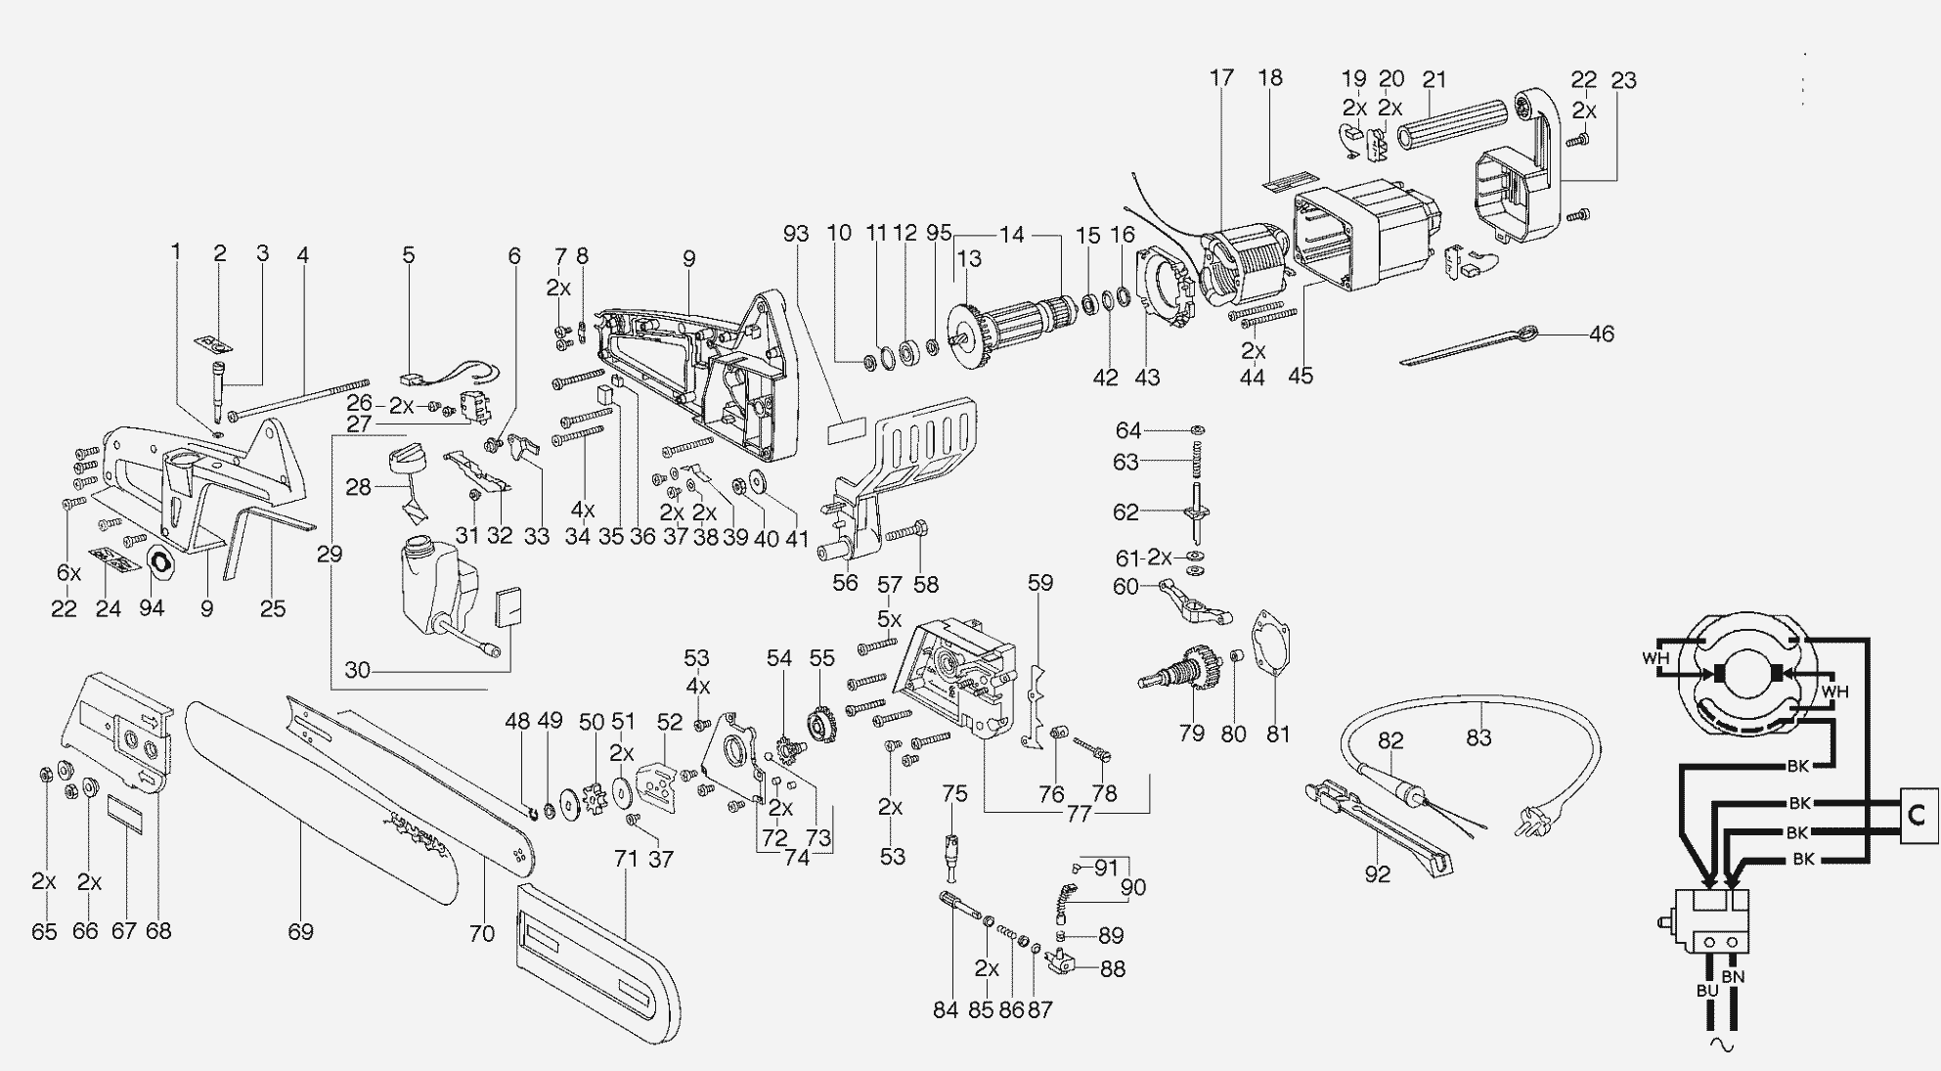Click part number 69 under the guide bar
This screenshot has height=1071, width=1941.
(300, 931)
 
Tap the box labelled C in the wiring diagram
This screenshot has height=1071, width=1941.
(1918, 815)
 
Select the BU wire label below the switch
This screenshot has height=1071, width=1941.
(1706, 990)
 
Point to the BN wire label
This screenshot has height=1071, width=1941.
(1733, 976)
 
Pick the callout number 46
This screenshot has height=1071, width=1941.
(1601, 334)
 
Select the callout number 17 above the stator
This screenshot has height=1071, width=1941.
(1221, 77)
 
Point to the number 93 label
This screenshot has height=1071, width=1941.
(796, 234)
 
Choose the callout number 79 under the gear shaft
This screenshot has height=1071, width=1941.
(1191, 733)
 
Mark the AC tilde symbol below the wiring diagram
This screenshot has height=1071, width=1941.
(1721, 1045)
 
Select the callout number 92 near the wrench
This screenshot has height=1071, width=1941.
(1377, 873)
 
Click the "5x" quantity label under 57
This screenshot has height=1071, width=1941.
(889, 619)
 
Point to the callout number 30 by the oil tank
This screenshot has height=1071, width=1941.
(357, 671)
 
